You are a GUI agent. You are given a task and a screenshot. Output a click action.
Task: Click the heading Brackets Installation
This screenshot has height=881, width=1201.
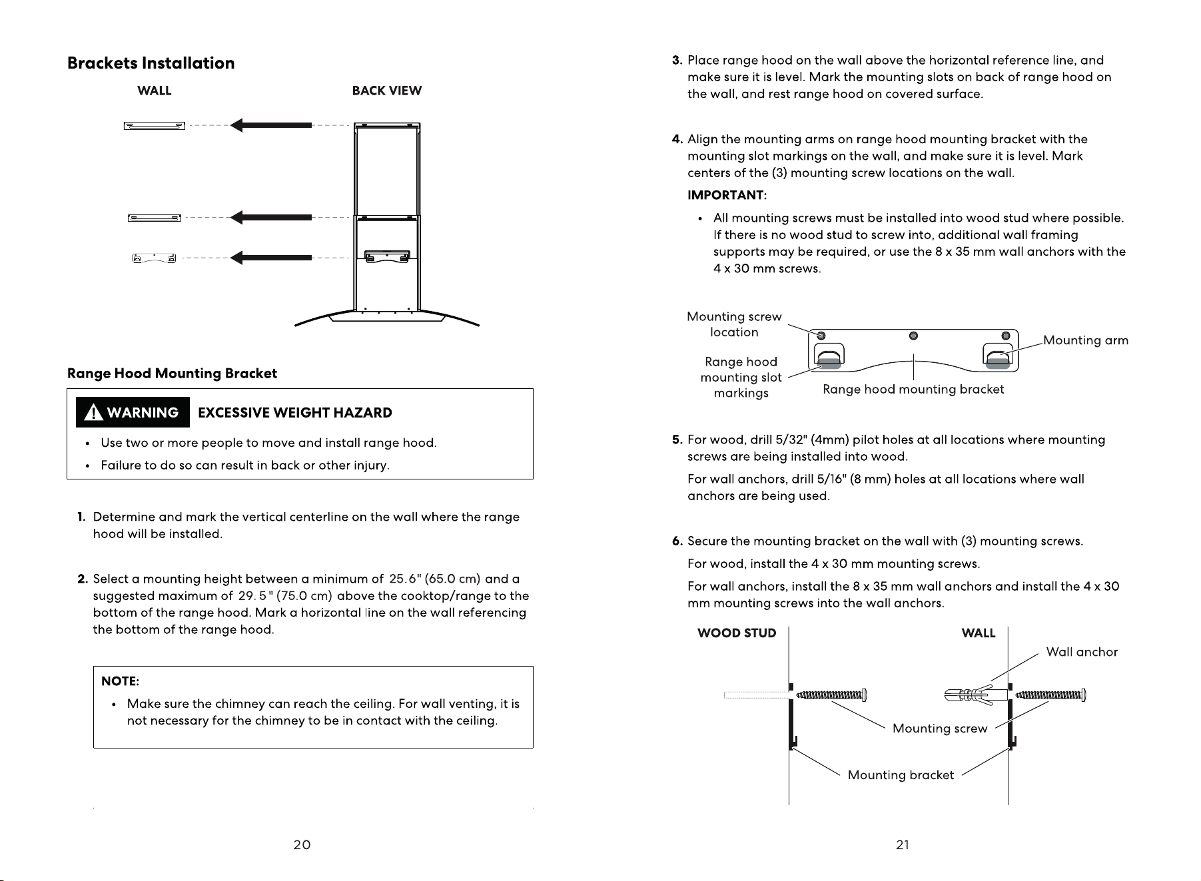click(151, 63)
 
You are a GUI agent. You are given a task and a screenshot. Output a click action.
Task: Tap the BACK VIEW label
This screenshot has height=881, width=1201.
click(387, 91)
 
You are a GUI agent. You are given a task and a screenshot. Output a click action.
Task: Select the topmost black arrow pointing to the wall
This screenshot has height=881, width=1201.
click(270, 125)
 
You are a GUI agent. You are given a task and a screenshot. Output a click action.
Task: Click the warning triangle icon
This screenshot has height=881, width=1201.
click(95, 413)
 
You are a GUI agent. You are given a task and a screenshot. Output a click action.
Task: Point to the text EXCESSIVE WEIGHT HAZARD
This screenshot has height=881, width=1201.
click(295, 413)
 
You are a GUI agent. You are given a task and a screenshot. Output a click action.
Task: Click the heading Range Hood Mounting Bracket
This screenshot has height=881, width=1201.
click(172, 374)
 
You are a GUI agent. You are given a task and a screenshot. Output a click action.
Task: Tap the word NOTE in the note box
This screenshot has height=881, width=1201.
click(119, 681)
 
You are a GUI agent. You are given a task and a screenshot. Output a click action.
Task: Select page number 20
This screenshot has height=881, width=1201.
click(302, 845)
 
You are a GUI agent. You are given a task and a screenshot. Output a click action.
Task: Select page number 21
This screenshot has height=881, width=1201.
click(903, 845)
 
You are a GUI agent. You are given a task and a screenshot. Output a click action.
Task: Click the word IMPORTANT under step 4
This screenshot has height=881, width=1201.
click(727, 195)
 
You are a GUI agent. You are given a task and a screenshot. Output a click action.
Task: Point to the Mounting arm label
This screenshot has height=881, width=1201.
click(1086, 341)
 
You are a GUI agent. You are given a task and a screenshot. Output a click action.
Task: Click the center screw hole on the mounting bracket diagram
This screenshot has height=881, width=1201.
click(913, 335)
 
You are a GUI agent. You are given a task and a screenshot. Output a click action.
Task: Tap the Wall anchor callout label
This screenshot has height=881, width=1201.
click(1082, 652)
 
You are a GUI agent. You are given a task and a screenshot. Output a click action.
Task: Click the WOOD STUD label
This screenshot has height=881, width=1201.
click(737, 633)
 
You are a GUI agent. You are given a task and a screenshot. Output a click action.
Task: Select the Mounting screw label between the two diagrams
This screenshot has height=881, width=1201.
click(940, 729)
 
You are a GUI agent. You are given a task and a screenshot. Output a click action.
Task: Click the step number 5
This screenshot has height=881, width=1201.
click(677, 440)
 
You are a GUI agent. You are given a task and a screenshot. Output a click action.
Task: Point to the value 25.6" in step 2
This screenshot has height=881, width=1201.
click(405, 579)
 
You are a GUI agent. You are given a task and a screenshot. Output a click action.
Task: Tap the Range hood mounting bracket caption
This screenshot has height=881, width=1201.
click(913, 390)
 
